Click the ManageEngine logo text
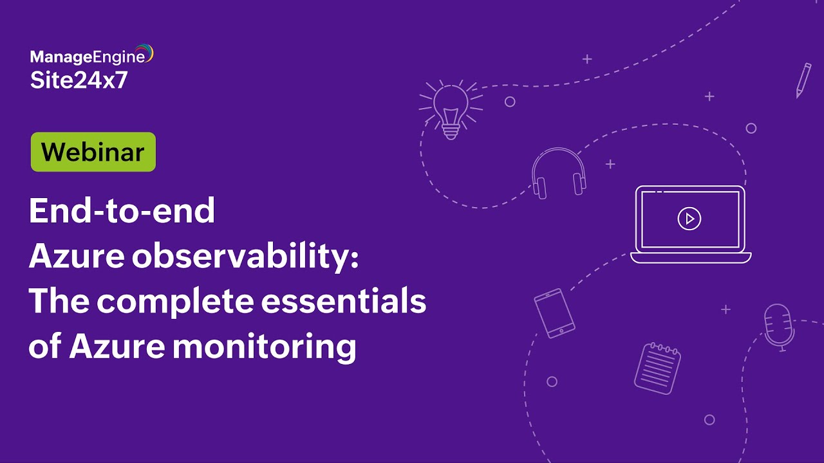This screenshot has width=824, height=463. [x=87, y=58]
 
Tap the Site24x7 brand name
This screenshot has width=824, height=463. [x=79, y=80]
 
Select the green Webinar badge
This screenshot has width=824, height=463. [x=93, y=152]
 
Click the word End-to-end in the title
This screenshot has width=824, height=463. [x=122, y=212]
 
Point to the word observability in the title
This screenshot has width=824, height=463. [x=244, y=257]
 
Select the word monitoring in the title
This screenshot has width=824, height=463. [x=264, y=347]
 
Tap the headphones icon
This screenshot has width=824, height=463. [x=559, y=172]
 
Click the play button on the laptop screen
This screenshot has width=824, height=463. [x=689, y=219]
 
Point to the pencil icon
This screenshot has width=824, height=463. [x=803, y=80]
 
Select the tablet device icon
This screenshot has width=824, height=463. [x=554, y=313]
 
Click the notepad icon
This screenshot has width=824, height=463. [x=657, y=367]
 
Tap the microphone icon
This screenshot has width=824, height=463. [x=777, y=325]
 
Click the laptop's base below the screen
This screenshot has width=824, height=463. [x=691, y=257]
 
